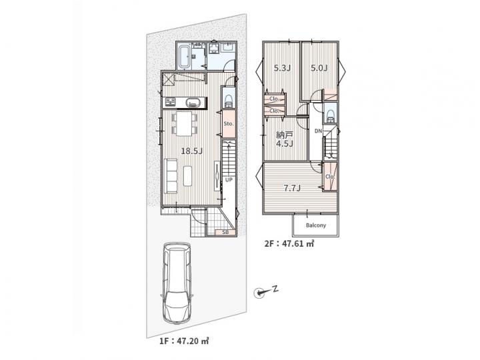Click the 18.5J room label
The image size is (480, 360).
point(191,151)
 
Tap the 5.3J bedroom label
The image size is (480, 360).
point(282,68)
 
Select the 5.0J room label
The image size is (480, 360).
point(319,68)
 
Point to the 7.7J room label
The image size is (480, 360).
point(292,188)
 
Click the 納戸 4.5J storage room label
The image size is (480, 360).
point(285,139)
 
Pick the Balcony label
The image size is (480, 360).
point(316,225)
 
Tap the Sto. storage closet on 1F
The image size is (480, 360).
point(229,124)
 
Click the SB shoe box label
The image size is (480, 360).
point(225,233)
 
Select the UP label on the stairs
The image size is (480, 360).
point(229,180)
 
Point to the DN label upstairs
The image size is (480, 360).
point(319,131)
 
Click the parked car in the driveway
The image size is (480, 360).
point(177,283)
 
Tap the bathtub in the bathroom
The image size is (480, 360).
point(184,56)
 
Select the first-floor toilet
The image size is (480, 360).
point(229,100)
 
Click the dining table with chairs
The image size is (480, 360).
point(184,123)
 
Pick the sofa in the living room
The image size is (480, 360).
point(171,176)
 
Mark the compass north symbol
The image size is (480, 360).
point(259,293)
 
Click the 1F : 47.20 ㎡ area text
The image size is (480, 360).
point(184,341)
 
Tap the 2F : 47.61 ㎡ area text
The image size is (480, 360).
point(289,244)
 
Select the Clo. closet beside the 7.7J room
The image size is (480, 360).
point(330,177)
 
